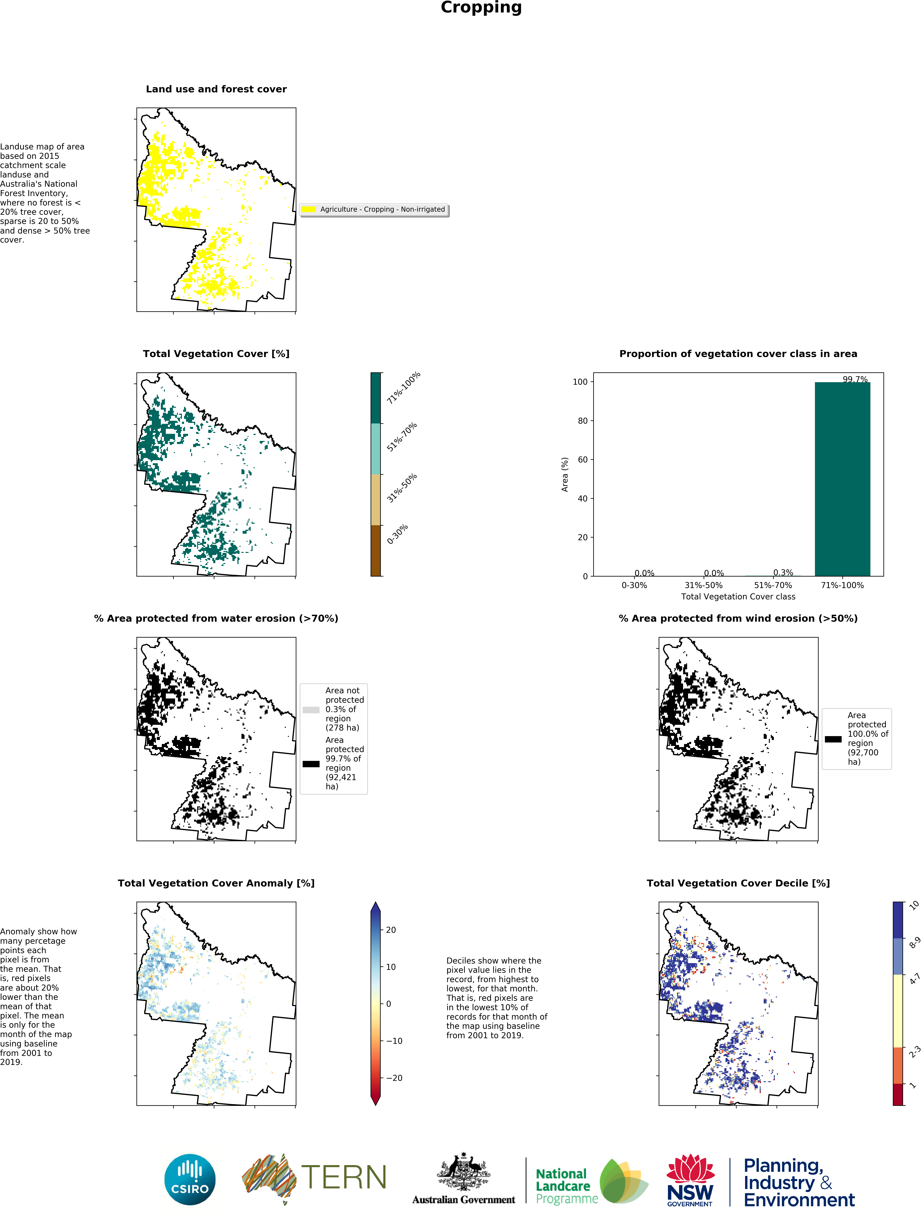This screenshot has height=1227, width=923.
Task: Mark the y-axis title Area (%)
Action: [564, 474]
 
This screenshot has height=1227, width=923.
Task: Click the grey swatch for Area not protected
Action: [311, 709]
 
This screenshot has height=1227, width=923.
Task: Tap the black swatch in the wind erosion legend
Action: [833, 739]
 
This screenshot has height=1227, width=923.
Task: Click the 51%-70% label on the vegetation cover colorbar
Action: [401, 437]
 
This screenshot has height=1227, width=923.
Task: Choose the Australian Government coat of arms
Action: [464, 1171]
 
